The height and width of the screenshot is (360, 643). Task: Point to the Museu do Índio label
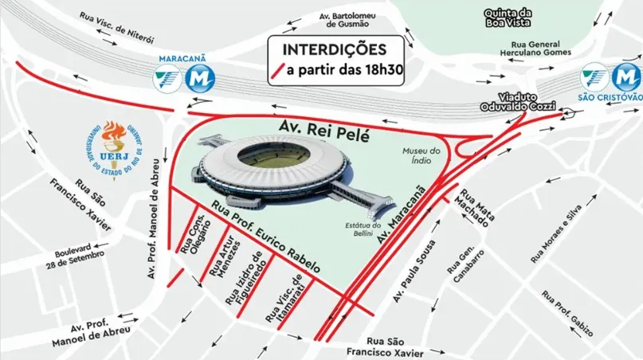click(421, 156)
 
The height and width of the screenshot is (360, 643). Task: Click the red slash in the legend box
click(276, 70)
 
